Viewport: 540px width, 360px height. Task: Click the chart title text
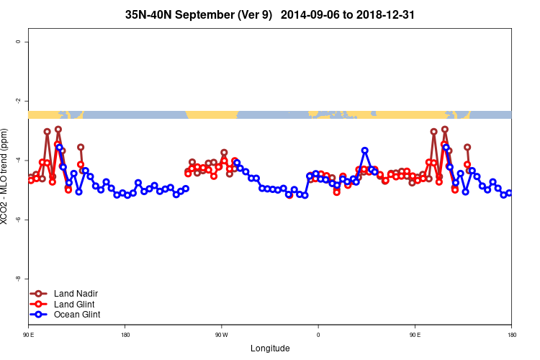(x=270, y=14)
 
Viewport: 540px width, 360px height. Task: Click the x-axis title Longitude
(x=270, y=348)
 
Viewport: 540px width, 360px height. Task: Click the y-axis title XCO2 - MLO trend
(x=6, y=177)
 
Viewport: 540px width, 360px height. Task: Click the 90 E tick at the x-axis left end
(x=29, y=335)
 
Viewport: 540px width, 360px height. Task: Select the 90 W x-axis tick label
(x=221, y=335)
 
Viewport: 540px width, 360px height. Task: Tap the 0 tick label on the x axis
(x=318, y=335)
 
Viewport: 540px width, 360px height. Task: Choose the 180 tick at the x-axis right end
(x=511, y=335)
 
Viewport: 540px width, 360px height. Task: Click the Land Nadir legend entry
(x=76, y=293)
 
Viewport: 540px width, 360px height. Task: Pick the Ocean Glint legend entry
(x=77, y=315)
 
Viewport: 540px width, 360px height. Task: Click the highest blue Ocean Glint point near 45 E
(x=365, y=150)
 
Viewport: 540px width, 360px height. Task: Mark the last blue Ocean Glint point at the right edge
(x=510, y=193)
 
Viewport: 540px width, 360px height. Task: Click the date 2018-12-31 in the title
(x=383, y=14)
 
